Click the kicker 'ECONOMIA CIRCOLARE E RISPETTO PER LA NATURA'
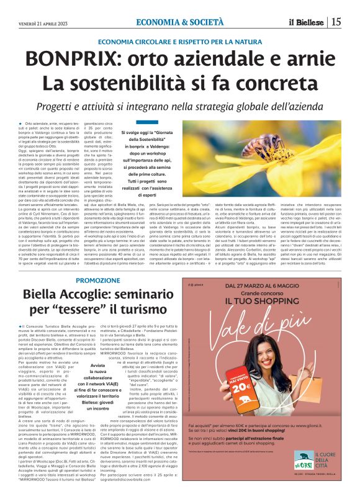[180, 42]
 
